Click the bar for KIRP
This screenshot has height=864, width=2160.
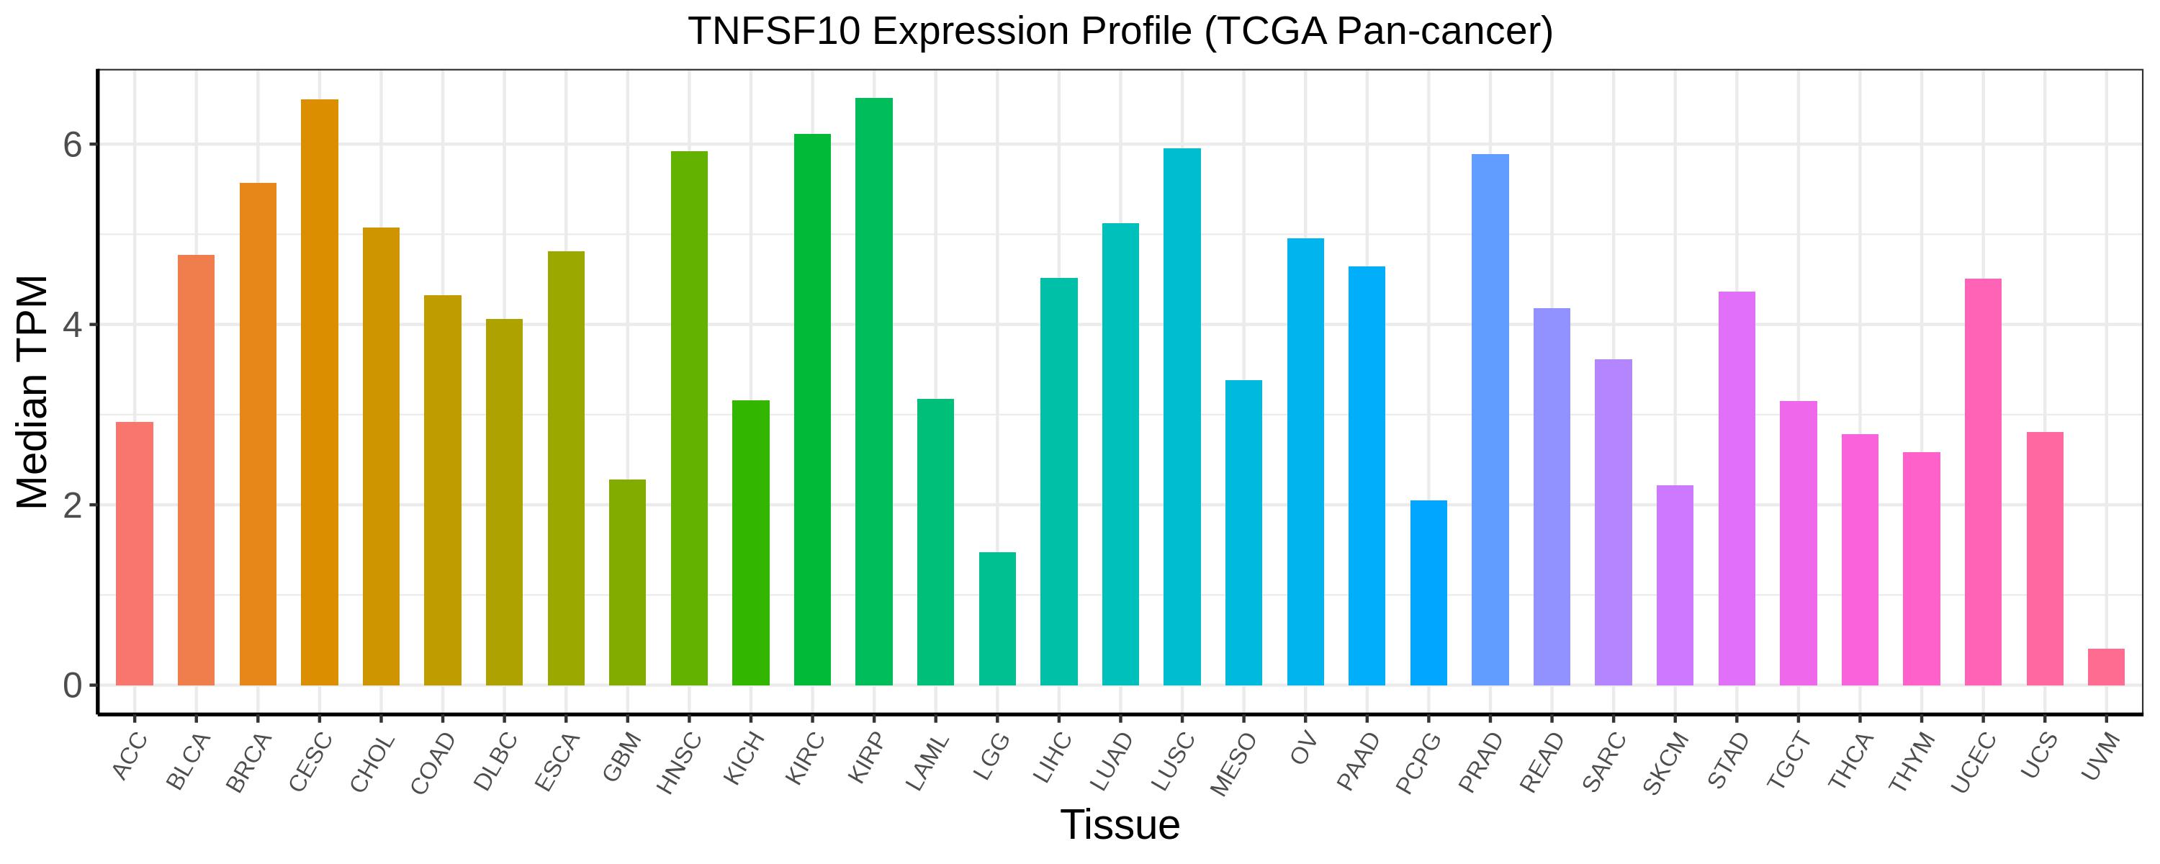pyautogui.click(x=874, y=391)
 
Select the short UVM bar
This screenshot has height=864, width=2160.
pyautogui.click(x=2105, y=667)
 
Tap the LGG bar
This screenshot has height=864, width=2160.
pyautogui.click(x=997, y=618)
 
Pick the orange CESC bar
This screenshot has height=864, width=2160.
pyautogui.click(x=320, y=392)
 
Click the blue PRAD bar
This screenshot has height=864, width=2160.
pyautogui.click(x=1490, y=420)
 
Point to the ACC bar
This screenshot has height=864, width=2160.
pyautogui.click(x=134, y=553)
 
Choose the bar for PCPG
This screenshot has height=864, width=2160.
pyautogui.click(x=1428, y=593)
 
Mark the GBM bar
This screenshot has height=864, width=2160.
pyautogui.click(x=627, y=582)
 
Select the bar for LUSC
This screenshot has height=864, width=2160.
pyautogui.click(x=1182, y=416)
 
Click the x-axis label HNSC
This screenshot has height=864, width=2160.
pyautogui.click(x=676, y=764)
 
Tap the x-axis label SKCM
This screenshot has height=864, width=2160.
pyautogui.click(x=1662, y=764)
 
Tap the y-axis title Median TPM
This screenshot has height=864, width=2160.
pyautogui.click(x=34, y=392)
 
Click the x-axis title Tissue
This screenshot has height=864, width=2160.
pyautogui.click(x=1120, y=825)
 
